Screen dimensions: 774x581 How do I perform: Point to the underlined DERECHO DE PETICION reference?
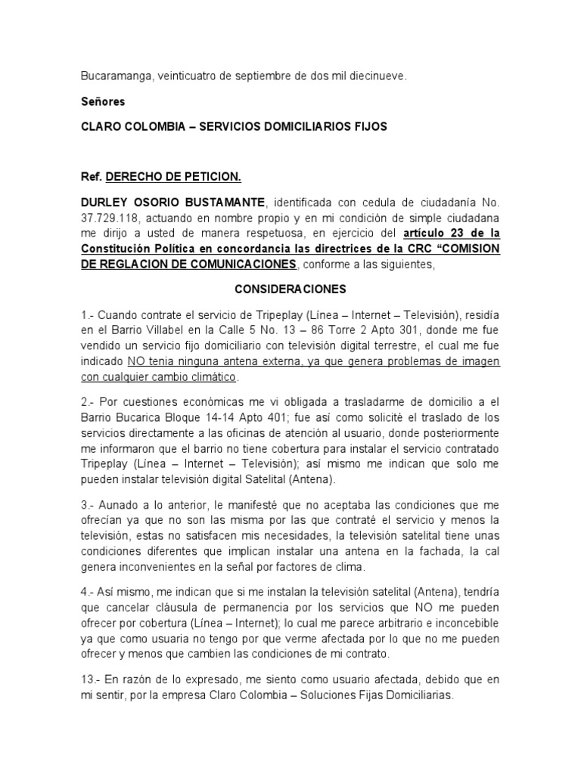tap(173, 177)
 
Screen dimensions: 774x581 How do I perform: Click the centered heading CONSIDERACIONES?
tap(290, 289)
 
